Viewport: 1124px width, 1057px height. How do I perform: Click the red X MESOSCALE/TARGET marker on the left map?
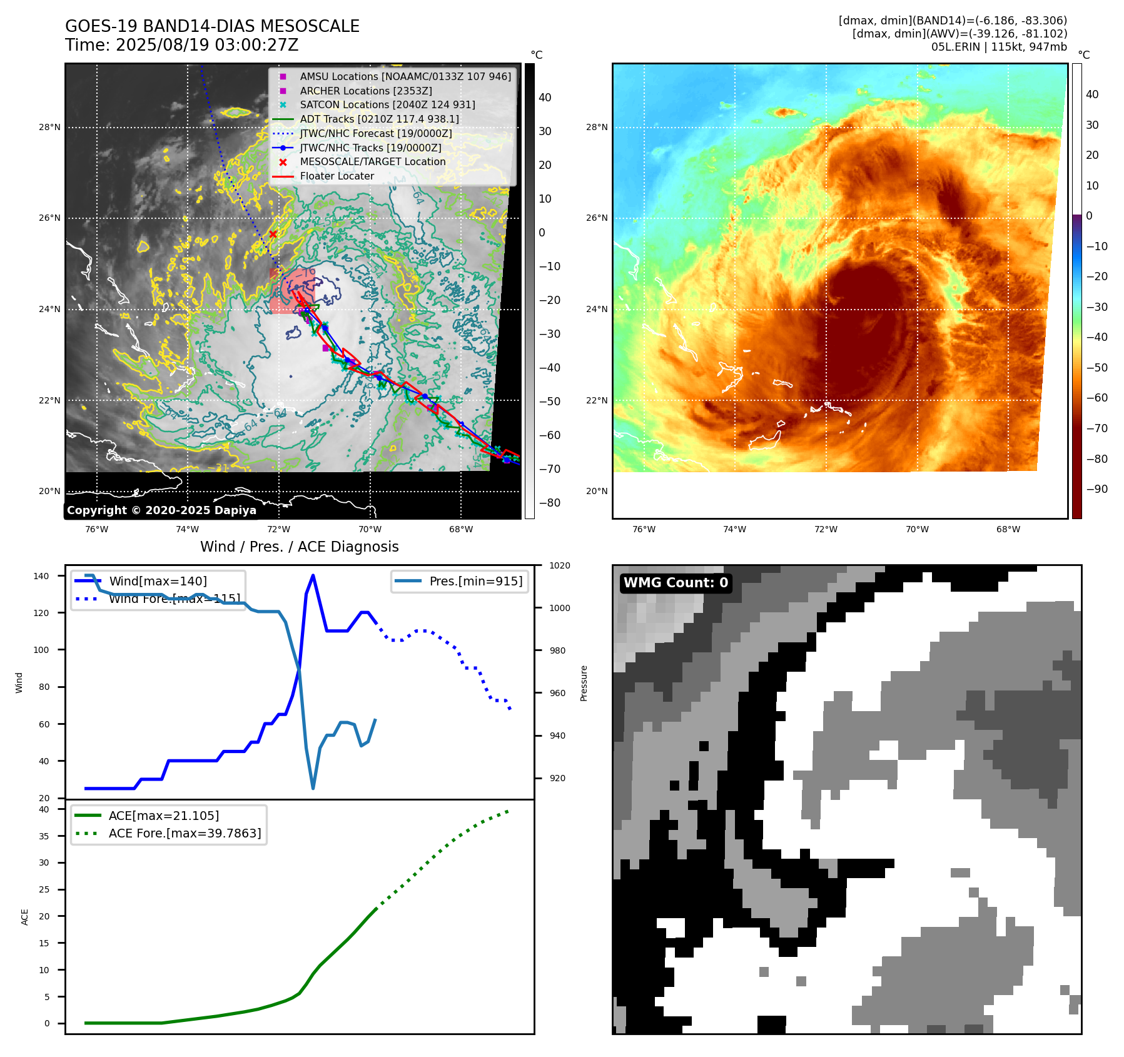[273, 235]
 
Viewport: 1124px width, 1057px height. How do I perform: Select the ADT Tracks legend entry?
[379, 119]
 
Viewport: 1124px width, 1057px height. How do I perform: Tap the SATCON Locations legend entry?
[387, 104]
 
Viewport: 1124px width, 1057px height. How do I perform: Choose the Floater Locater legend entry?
[337, 176]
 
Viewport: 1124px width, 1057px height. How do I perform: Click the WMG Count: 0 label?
[676, 583]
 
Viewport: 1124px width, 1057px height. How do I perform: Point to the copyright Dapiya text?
[161, 510]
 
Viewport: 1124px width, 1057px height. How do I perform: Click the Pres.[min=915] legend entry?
[475, 581]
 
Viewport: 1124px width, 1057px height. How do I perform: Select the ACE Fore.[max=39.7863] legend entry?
[185, 833]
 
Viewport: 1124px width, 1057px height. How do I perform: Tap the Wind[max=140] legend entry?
[158, 581]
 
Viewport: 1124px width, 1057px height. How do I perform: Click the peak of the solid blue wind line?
[313, 575]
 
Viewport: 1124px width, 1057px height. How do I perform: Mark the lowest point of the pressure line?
[313, 788]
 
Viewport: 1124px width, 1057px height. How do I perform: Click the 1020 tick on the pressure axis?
[559, 565]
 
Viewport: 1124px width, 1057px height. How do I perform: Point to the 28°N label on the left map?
[50, 127]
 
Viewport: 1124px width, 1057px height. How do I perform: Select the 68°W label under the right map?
[1008, 529]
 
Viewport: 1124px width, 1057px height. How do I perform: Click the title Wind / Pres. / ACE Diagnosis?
[299, 547]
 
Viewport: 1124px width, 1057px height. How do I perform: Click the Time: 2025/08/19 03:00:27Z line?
[181, 45]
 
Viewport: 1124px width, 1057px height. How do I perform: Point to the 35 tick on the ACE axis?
[44, 836]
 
